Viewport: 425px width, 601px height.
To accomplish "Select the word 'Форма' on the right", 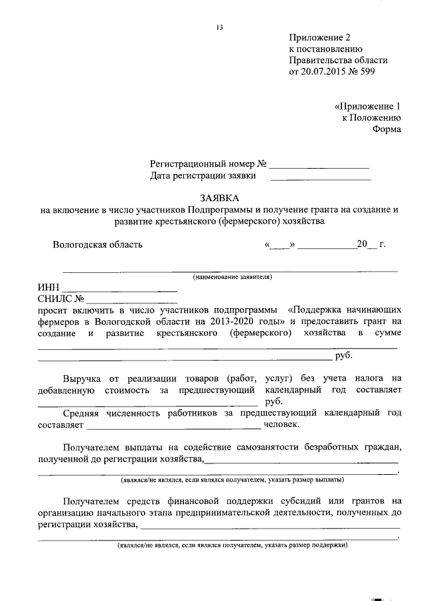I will pos(386,129).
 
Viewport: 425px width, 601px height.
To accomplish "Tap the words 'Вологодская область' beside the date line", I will pos(98,244).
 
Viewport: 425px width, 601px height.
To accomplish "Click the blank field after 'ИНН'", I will pos(119,289).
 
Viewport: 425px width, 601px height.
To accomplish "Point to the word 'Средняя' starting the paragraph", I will pos(83,413).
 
